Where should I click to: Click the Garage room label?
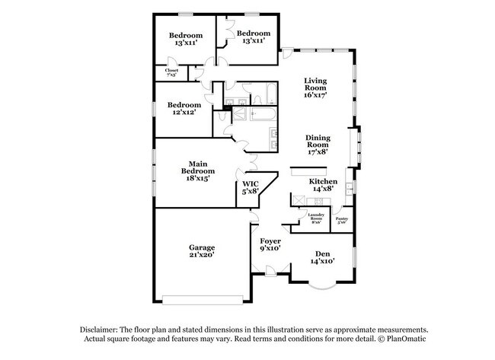point(202,252)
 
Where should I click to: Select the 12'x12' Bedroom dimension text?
point(184,113)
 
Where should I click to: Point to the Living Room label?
point(315,88)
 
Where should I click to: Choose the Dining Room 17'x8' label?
point(317,145)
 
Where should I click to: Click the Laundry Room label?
point(316,218)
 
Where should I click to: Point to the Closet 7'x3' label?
point(172,73)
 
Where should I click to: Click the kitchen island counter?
point(307,174)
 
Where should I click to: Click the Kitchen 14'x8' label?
point(322,185)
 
